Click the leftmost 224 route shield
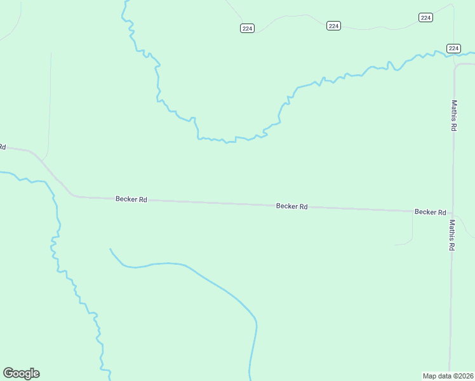point(248,28)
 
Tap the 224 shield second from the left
point(334,25)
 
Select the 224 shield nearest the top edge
point(426,17)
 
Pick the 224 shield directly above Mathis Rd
point(453,48)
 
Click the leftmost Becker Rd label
point(131,199)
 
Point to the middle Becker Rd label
point(292,206)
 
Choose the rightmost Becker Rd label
point(430,211)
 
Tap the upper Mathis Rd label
point(454,115)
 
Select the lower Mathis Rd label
point(452,235)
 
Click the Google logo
point(21,373)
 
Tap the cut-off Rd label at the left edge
point(3,147)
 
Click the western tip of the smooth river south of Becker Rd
point(110,249)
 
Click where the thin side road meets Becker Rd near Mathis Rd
point(413,211)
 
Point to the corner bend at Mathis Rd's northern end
point(456,65)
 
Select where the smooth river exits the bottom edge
point(250,379)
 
